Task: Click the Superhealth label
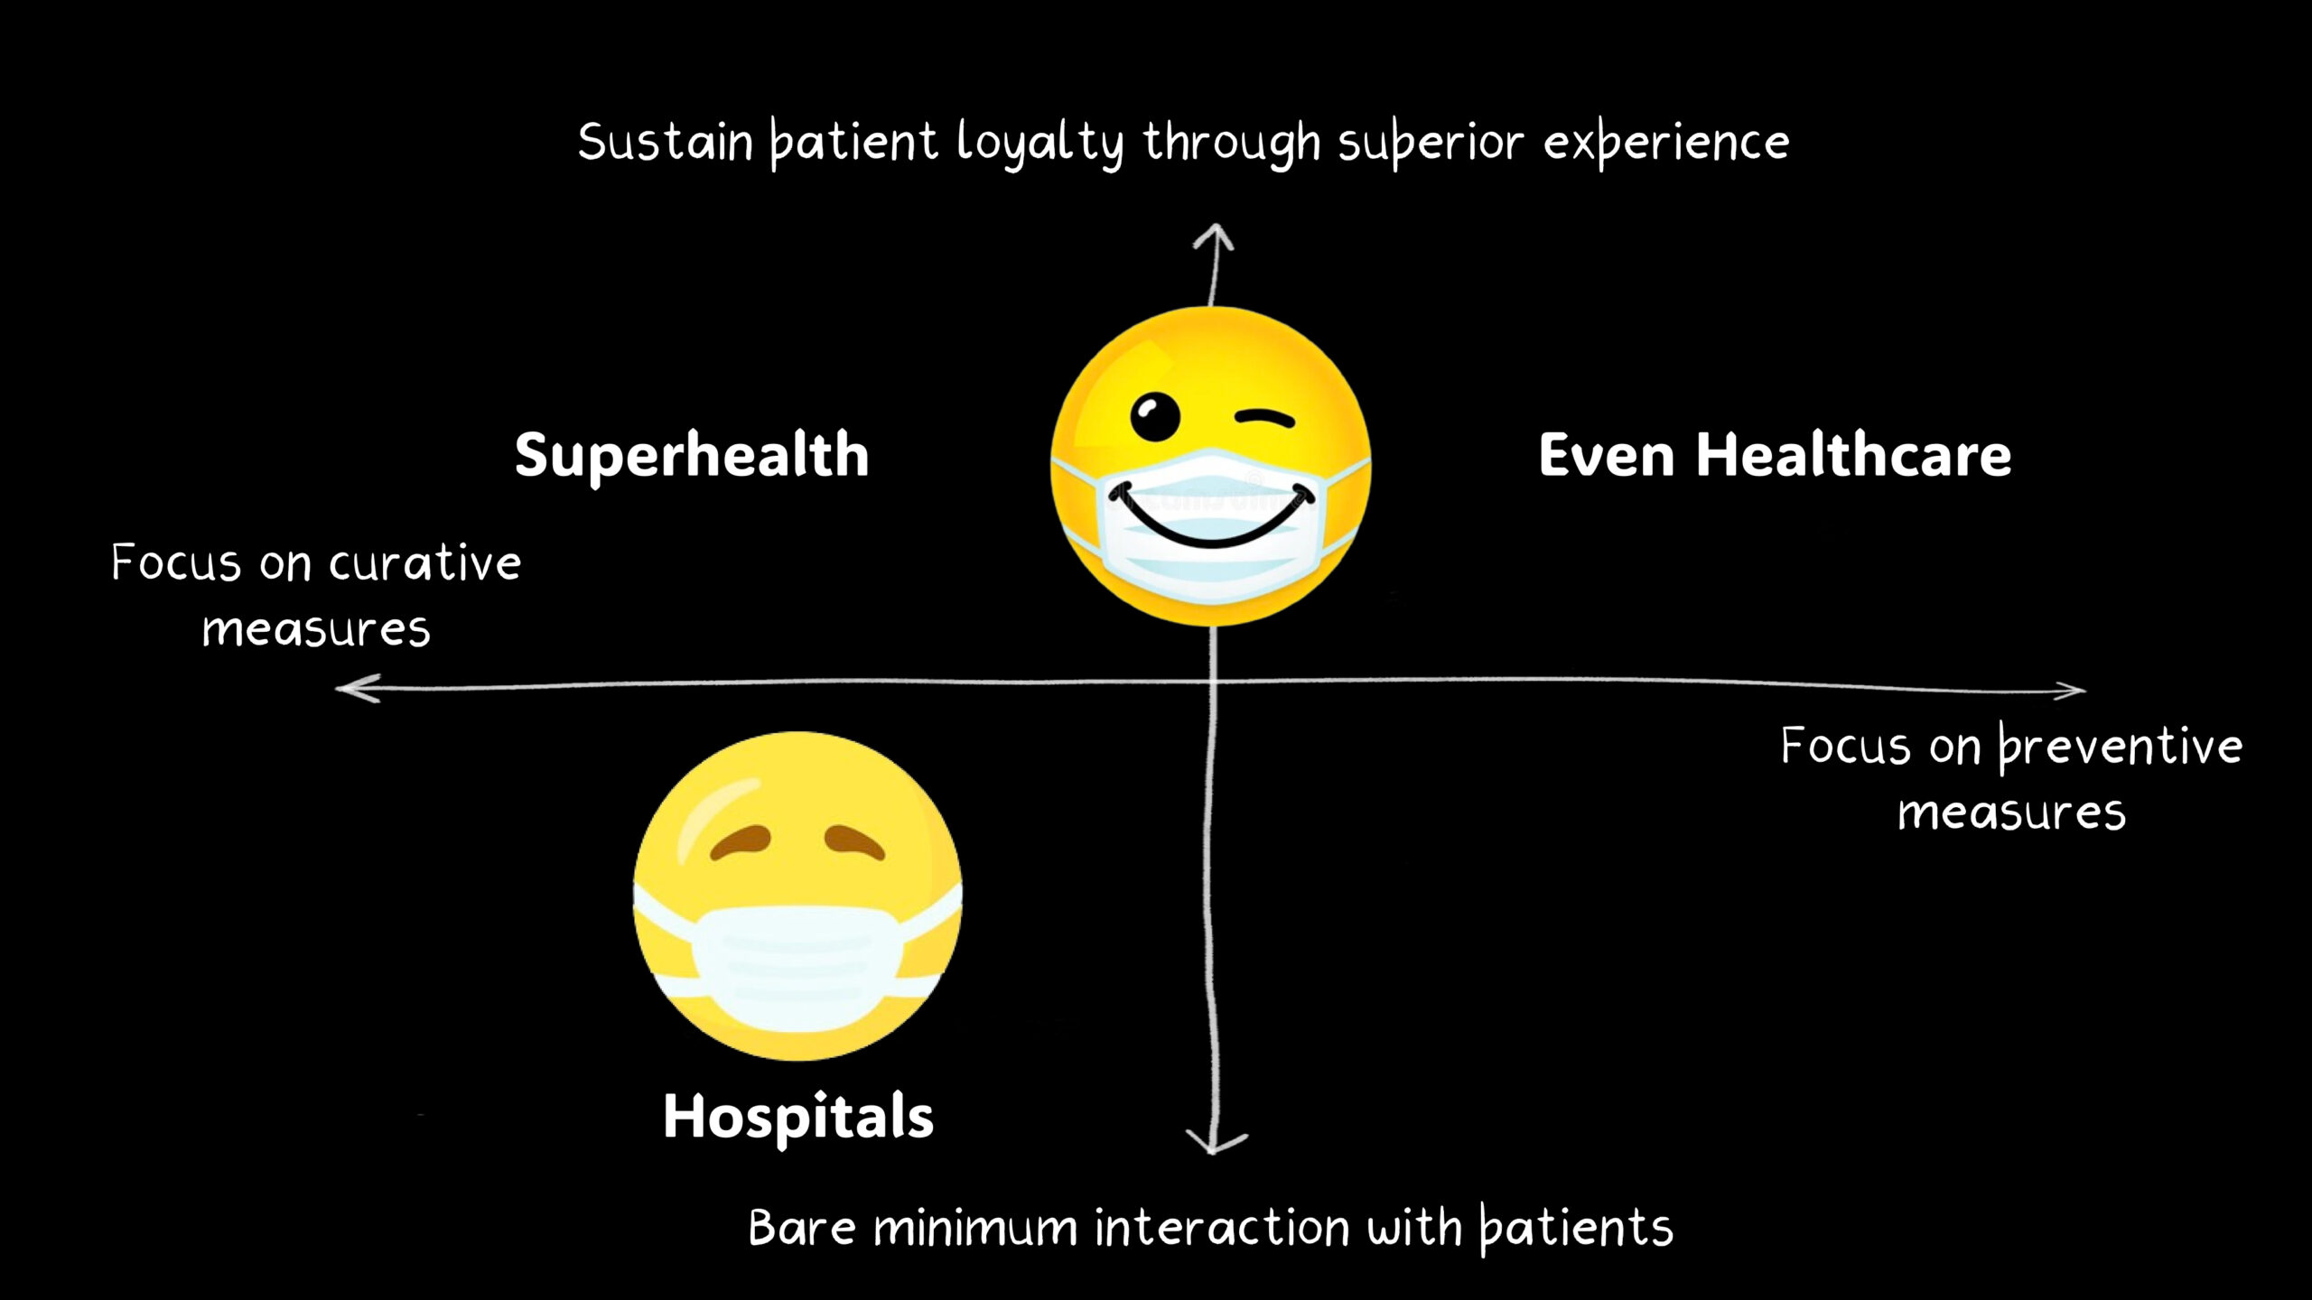click(692, 455)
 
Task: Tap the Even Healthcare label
click(1775, 455)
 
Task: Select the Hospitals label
click(798, 1117)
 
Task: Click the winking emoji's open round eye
click(1154, 416)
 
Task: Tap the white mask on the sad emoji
click(795, 966)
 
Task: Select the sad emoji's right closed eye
click(854, 842)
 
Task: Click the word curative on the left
click(424, 564)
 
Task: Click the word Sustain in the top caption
click(666, 143)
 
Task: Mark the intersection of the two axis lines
click(1213, 683)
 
